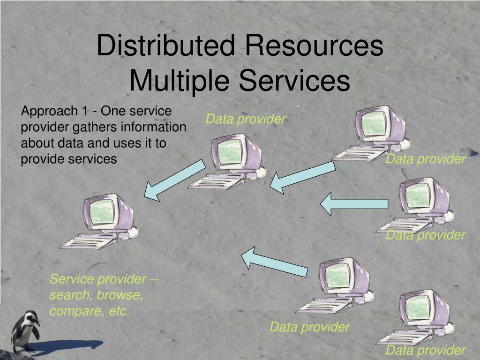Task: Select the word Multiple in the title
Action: coord(180,80)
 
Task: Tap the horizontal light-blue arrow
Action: coord(354,203)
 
